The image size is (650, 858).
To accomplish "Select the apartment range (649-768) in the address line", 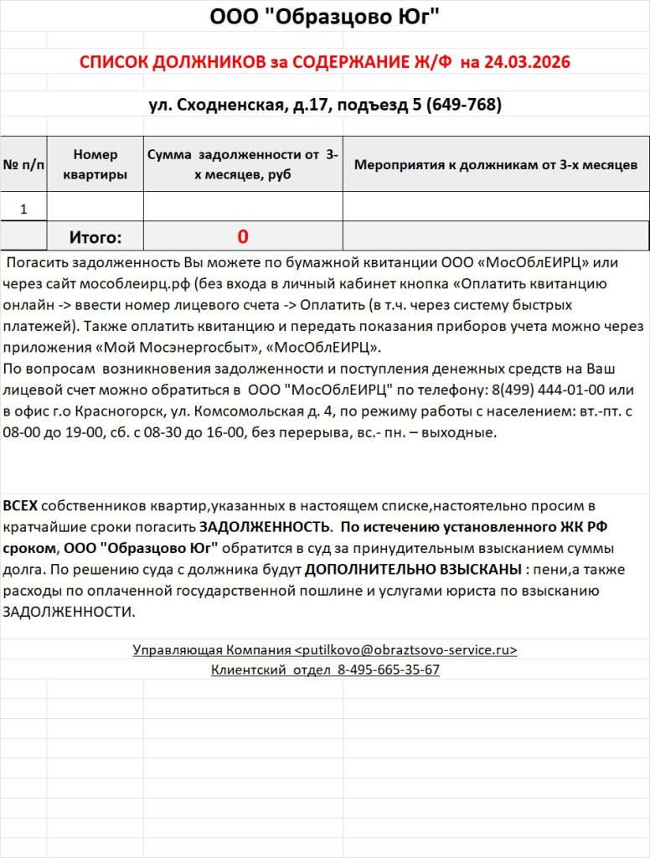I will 463,105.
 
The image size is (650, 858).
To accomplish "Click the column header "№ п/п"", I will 24,164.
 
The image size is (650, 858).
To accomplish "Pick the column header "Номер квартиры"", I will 95,164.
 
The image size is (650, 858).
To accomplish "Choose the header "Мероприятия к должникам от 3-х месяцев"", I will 496,164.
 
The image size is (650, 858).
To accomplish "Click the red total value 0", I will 243,236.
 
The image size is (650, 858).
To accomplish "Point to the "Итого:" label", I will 95,237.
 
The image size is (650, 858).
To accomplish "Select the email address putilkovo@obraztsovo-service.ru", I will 406,650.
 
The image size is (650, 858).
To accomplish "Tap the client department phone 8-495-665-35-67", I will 389,670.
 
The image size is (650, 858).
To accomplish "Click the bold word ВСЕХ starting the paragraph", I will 20,507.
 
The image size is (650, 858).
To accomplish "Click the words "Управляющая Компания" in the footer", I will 212,650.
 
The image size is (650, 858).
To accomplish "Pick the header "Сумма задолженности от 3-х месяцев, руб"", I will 243,164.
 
